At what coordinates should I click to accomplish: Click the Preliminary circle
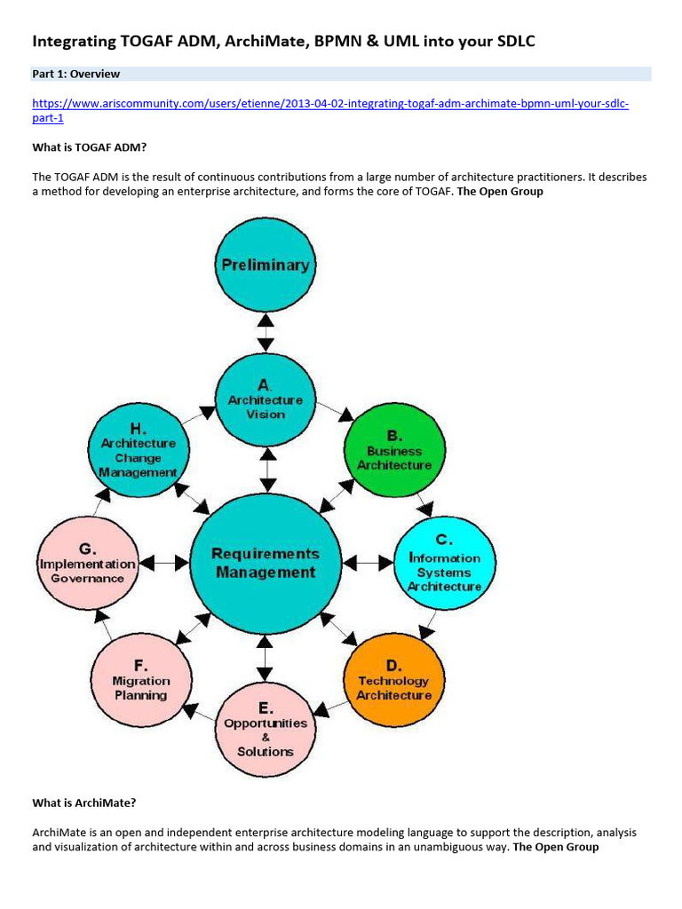click(265, 265)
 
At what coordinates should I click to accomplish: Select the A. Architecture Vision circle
click(266, 400)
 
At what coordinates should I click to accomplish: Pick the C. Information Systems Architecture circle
click(444, 565)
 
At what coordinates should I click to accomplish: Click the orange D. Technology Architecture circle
click(393, 680)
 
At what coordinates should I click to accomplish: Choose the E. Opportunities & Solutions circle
click(266, 731)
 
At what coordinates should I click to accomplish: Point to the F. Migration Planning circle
click(140, 680)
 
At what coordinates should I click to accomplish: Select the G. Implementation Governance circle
click(87, 565)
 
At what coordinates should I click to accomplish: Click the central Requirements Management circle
click(266, 563)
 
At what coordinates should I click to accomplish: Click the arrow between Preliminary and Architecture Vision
click(266, 333)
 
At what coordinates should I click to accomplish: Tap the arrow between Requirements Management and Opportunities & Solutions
click(266, 658)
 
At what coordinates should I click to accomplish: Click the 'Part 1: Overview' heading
click(76, 74)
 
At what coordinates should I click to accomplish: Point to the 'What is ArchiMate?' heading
click(84, 802)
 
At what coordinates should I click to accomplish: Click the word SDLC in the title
click(509, 41)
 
